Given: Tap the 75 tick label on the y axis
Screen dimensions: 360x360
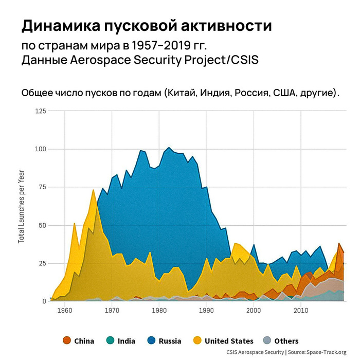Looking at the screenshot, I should (41, 187).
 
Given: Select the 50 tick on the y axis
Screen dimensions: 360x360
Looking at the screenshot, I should (41, 225).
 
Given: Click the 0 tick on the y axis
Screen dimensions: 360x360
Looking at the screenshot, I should (43, 301).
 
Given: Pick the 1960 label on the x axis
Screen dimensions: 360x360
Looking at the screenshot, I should (65, 310).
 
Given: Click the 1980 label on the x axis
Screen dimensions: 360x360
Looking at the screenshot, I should (159, 310).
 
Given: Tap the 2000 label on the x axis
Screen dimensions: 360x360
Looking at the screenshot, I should (254, 310).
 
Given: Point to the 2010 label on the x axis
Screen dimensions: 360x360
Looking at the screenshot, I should (301, 310).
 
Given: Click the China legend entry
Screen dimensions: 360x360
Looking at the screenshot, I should (78, 340).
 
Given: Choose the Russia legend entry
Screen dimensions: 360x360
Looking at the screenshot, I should (164, 340).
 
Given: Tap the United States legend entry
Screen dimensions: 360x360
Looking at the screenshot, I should (222, 340).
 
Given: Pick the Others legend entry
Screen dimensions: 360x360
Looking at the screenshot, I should (280, 340).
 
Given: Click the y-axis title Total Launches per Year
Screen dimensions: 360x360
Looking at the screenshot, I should (21, 206).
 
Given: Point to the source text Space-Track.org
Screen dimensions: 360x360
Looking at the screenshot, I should (326, 352).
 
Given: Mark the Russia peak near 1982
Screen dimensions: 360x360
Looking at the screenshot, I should (169, 148).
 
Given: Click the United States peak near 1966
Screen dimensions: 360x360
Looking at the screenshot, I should (93, 190).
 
